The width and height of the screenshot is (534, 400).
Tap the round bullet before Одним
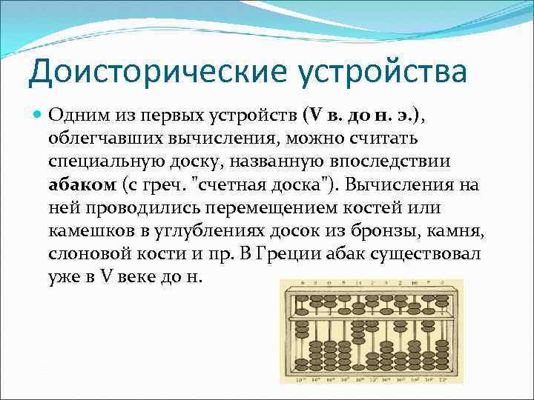pyautogui.click(x=39, y=116)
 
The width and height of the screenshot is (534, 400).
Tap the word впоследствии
pyautogui.click(x=400, y=161)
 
